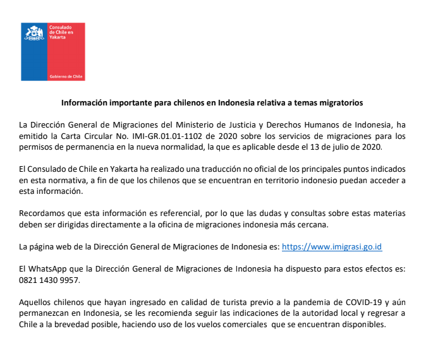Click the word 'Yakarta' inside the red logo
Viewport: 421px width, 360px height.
click(x=58, y=37)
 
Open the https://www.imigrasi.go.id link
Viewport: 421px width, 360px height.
click(x=331, y=246)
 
